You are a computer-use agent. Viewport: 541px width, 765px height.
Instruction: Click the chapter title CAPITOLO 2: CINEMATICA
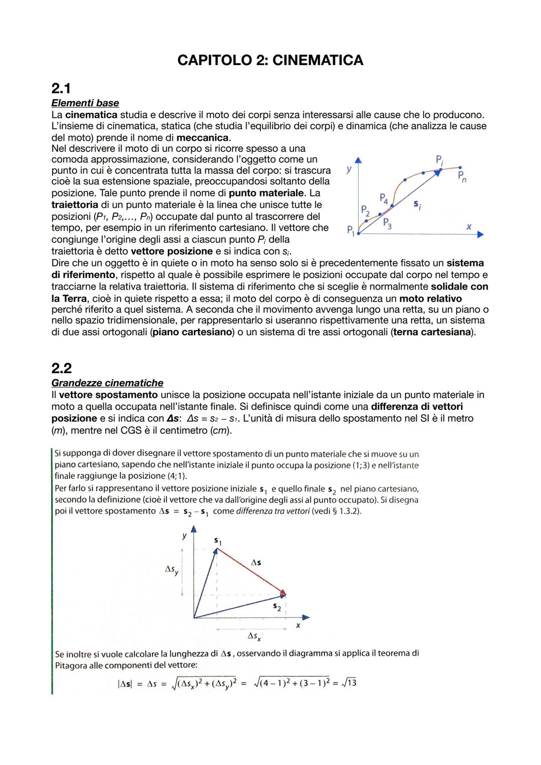pos(270,60)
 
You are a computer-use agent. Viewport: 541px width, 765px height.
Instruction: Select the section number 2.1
pos(61,89)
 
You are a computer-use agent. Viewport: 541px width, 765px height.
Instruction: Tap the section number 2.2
pos(62,368)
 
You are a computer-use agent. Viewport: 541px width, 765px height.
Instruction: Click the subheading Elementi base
pos(85,103)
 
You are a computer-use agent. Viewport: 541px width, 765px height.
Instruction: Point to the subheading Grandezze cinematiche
pos(107,383)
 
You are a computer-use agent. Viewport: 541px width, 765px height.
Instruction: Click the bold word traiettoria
pos(75,205)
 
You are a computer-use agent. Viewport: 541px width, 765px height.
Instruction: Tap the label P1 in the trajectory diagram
pos(351,231)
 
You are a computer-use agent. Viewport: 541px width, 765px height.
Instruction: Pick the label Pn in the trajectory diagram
pos(462,177)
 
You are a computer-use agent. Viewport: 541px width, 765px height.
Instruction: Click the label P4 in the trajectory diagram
pos(384,198)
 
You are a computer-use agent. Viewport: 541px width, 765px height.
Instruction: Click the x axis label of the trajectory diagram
pos(468,227)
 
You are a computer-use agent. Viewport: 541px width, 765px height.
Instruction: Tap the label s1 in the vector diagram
pos(218,541)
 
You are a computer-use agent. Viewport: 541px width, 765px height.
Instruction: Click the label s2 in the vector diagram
pos(277,607)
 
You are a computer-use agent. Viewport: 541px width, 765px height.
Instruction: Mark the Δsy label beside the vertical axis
pos(171,570)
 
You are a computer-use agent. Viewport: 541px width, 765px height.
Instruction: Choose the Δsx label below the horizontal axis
pos(254,636)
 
